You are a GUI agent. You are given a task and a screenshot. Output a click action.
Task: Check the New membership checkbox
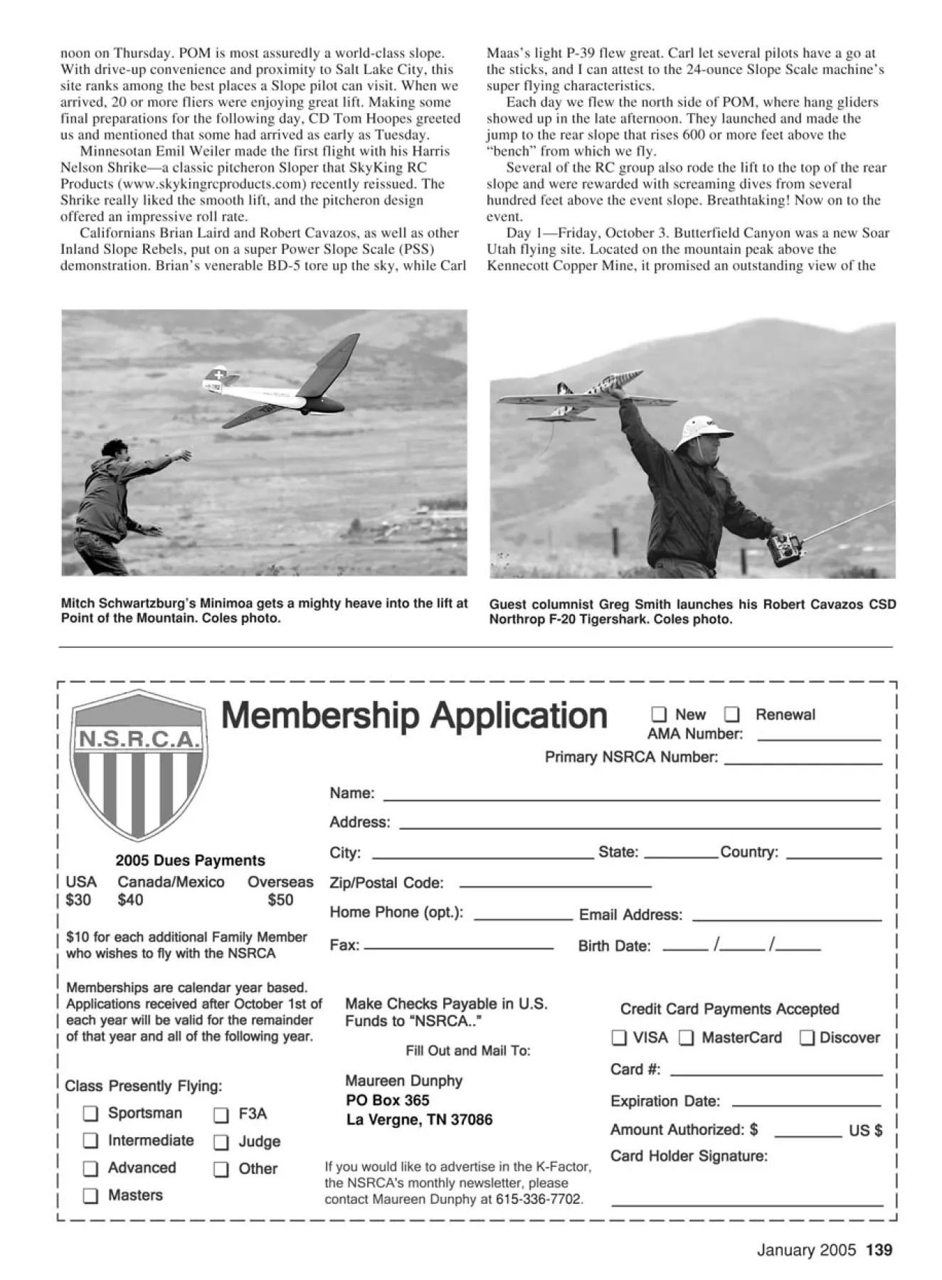point(659,714)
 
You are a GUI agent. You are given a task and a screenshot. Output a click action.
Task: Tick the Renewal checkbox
point(731,714)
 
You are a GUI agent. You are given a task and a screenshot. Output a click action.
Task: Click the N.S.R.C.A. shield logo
point(139,764)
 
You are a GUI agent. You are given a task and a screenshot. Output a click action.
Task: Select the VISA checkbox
point(619,1038)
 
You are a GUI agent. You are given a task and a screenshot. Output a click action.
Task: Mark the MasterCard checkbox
point(686,1038)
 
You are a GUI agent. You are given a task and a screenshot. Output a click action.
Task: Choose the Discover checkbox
point(807,1038)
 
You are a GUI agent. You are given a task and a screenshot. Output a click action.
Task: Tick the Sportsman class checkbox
point(90,1113)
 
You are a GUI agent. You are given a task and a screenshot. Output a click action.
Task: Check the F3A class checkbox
point(221,1114)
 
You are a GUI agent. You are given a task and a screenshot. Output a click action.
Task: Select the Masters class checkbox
point(90,1195)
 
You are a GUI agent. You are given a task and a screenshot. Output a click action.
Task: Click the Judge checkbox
point(221,1142)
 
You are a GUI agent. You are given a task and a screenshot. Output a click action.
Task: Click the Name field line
point(632,799)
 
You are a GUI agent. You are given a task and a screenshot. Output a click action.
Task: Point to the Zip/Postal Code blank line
point(555,885)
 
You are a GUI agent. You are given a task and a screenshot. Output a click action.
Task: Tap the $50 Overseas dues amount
point(280,900)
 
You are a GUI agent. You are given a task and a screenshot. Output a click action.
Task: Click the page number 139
point(879,1250)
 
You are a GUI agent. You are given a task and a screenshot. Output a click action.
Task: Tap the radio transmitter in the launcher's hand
point(786,548)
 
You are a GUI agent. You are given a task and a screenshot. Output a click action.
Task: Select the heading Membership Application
point(414,715)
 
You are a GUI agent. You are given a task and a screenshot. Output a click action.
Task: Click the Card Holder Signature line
point(747,1205)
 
